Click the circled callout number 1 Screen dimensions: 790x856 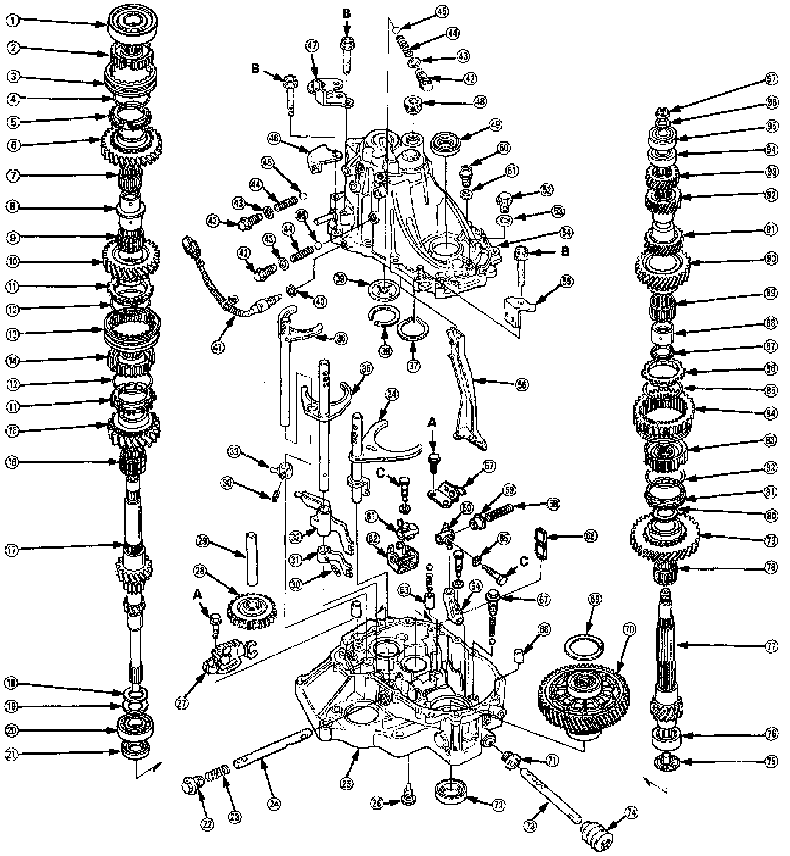13,20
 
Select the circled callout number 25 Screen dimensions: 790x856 346,786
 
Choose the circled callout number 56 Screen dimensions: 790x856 522,385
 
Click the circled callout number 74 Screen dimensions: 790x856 631,812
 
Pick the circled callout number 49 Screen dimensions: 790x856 494,126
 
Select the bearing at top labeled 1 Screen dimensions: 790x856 134,23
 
